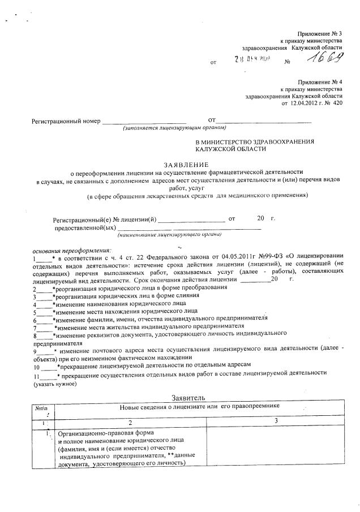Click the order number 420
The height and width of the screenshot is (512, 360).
click(x=337, y=104)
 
